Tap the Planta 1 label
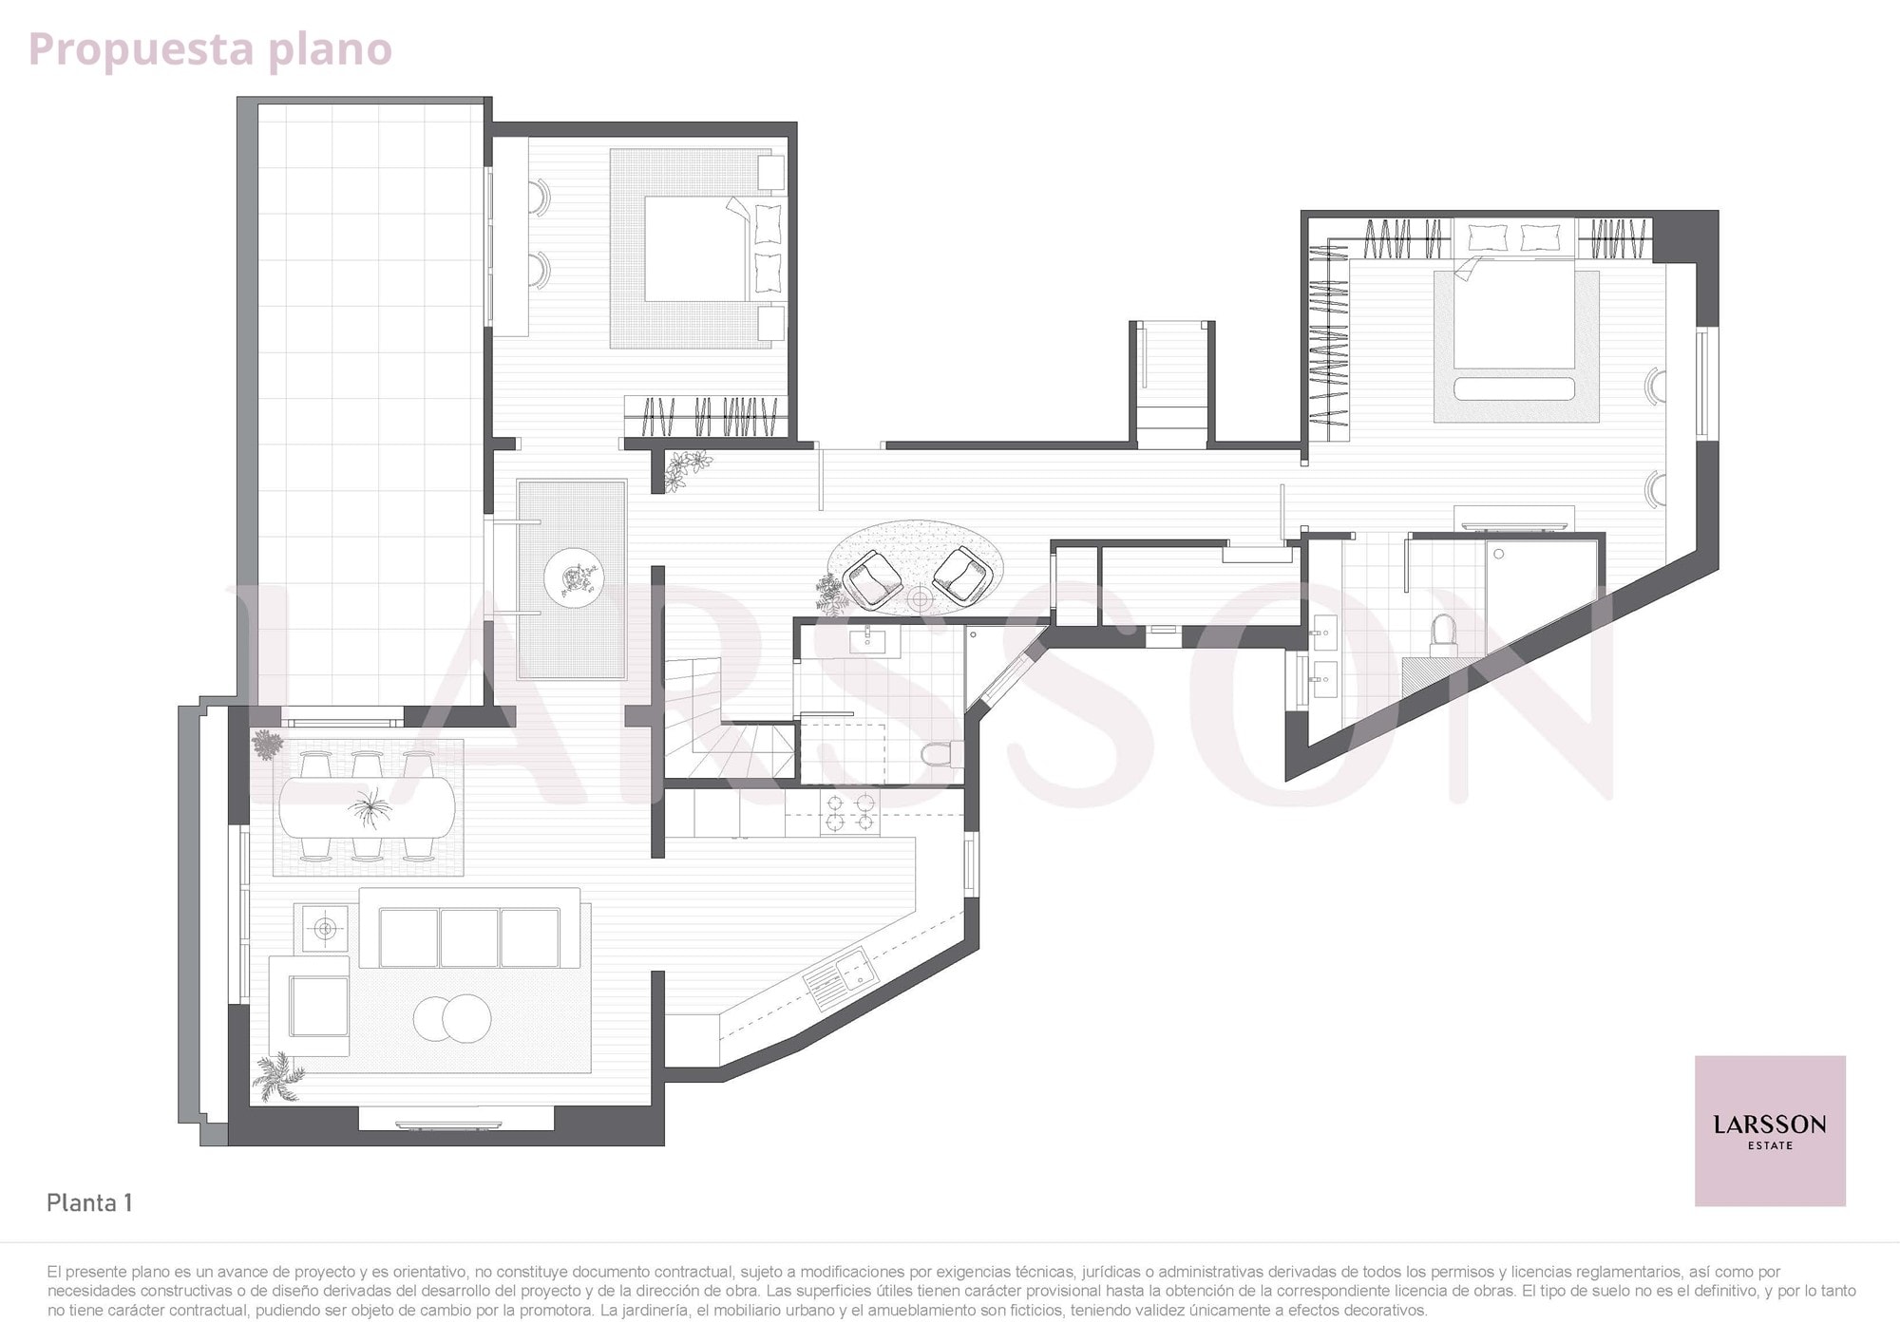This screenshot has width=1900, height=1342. coord(89,1202)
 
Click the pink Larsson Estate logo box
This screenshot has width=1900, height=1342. coord(1770,1130)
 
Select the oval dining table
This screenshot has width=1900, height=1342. coord(367,807)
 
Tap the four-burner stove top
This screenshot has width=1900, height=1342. coord(850,812)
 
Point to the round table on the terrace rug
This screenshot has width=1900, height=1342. coord(573,576)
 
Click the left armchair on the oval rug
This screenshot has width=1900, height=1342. coord(873,578)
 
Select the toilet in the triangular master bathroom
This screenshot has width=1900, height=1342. coord(1443,634)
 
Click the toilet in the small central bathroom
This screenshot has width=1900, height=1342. coord(940,754)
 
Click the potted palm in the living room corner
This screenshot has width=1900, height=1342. coord(279,1077)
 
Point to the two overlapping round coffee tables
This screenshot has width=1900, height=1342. coord(452,1019)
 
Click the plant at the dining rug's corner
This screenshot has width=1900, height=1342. coord(267,745)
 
